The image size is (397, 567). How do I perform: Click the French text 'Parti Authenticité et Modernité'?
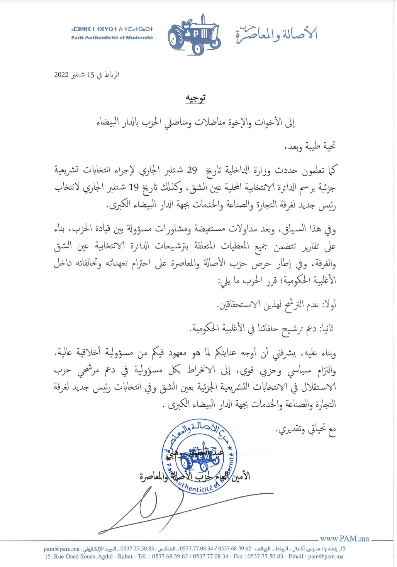pos(112,38)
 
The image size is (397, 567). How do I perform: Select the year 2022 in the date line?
pos(61,75)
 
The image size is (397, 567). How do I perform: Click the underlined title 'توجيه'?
pos(195,99)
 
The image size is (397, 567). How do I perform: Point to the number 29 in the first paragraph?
pos(192,170)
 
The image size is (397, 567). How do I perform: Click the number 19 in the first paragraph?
pos(134,187)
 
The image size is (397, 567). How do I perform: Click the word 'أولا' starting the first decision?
pos(329,305)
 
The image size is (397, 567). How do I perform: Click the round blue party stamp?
pos(199,456)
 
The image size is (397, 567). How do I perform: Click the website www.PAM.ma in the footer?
pos(344,538)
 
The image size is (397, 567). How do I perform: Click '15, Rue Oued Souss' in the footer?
pos(70,557)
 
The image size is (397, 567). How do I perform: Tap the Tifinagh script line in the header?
pos(112,29)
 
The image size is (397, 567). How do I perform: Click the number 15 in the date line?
pos(90,75)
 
